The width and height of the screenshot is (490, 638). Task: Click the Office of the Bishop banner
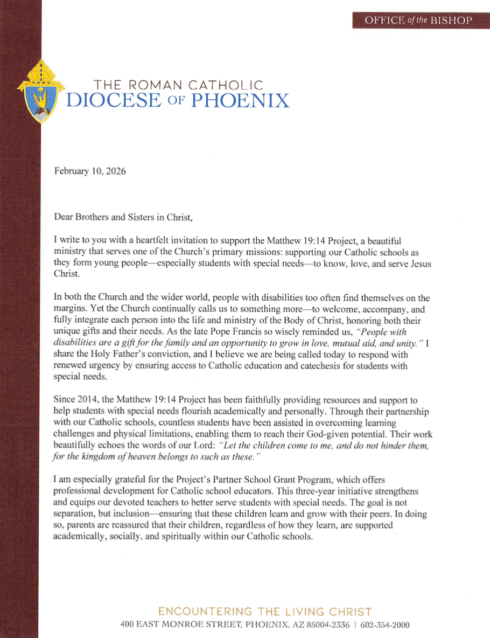point(418,20)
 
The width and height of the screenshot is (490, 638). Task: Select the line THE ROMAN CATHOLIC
point(179,85)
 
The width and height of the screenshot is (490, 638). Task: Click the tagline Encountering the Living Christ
point(265,612)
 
